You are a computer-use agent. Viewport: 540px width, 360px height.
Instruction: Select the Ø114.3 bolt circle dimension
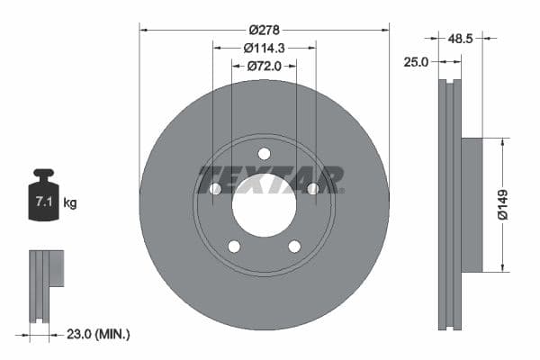264,48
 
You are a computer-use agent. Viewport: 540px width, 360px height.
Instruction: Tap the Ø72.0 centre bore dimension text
264,66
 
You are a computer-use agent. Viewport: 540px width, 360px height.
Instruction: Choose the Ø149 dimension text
509,203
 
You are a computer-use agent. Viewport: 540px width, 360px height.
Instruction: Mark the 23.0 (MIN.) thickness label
100,334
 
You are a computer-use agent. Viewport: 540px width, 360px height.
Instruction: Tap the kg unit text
70,203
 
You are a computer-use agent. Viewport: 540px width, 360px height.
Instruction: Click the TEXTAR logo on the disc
270,178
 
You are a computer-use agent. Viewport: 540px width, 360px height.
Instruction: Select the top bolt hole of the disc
264,153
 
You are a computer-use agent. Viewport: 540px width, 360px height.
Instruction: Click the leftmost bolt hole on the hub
215,188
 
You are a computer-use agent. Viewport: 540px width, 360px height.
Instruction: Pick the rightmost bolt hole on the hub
312,188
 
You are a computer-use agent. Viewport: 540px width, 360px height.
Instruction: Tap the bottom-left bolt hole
234,246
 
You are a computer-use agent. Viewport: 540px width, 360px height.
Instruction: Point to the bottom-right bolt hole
293,246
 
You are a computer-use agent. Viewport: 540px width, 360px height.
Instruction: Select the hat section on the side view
472,204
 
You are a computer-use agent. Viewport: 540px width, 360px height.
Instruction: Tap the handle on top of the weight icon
43,173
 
